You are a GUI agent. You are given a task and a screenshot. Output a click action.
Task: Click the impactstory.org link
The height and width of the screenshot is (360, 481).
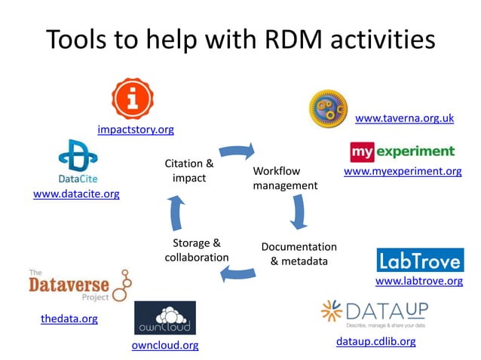coord(136,130)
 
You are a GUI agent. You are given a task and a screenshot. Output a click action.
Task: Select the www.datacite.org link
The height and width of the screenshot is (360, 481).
coord(76,194)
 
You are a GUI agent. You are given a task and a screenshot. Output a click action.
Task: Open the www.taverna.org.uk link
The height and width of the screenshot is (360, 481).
coord(404,118)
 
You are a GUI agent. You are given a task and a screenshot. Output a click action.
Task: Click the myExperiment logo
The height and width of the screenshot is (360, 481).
coord(403,151)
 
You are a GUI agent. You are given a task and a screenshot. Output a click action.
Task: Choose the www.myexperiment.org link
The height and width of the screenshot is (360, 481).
coord(403,171)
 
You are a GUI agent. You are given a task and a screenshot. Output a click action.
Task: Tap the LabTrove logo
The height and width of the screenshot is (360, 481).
coord(420,260)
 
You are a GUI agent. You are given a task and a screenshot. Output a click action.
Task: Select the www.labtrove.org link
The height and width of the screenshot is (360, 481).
coord(419,281)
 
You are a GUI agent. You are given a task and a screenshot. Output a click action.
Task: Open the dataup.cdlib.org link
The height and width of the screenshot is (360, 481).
coord(375,342)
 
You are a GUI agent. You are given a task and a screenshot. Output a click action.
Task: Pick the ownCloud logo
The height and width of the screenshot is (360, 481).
coord(164,318)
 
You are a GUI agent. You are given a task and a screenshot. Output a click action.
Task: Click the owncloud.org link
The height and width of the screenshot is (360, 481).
coord(165,346)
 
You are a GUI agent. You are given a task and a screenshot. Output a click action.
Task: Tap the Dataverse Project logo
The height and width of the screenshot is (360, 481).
coord(78,286)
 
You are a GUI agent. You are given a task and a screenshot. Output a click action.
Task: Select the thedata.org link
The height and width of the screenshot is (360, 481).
coord(69,319)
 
